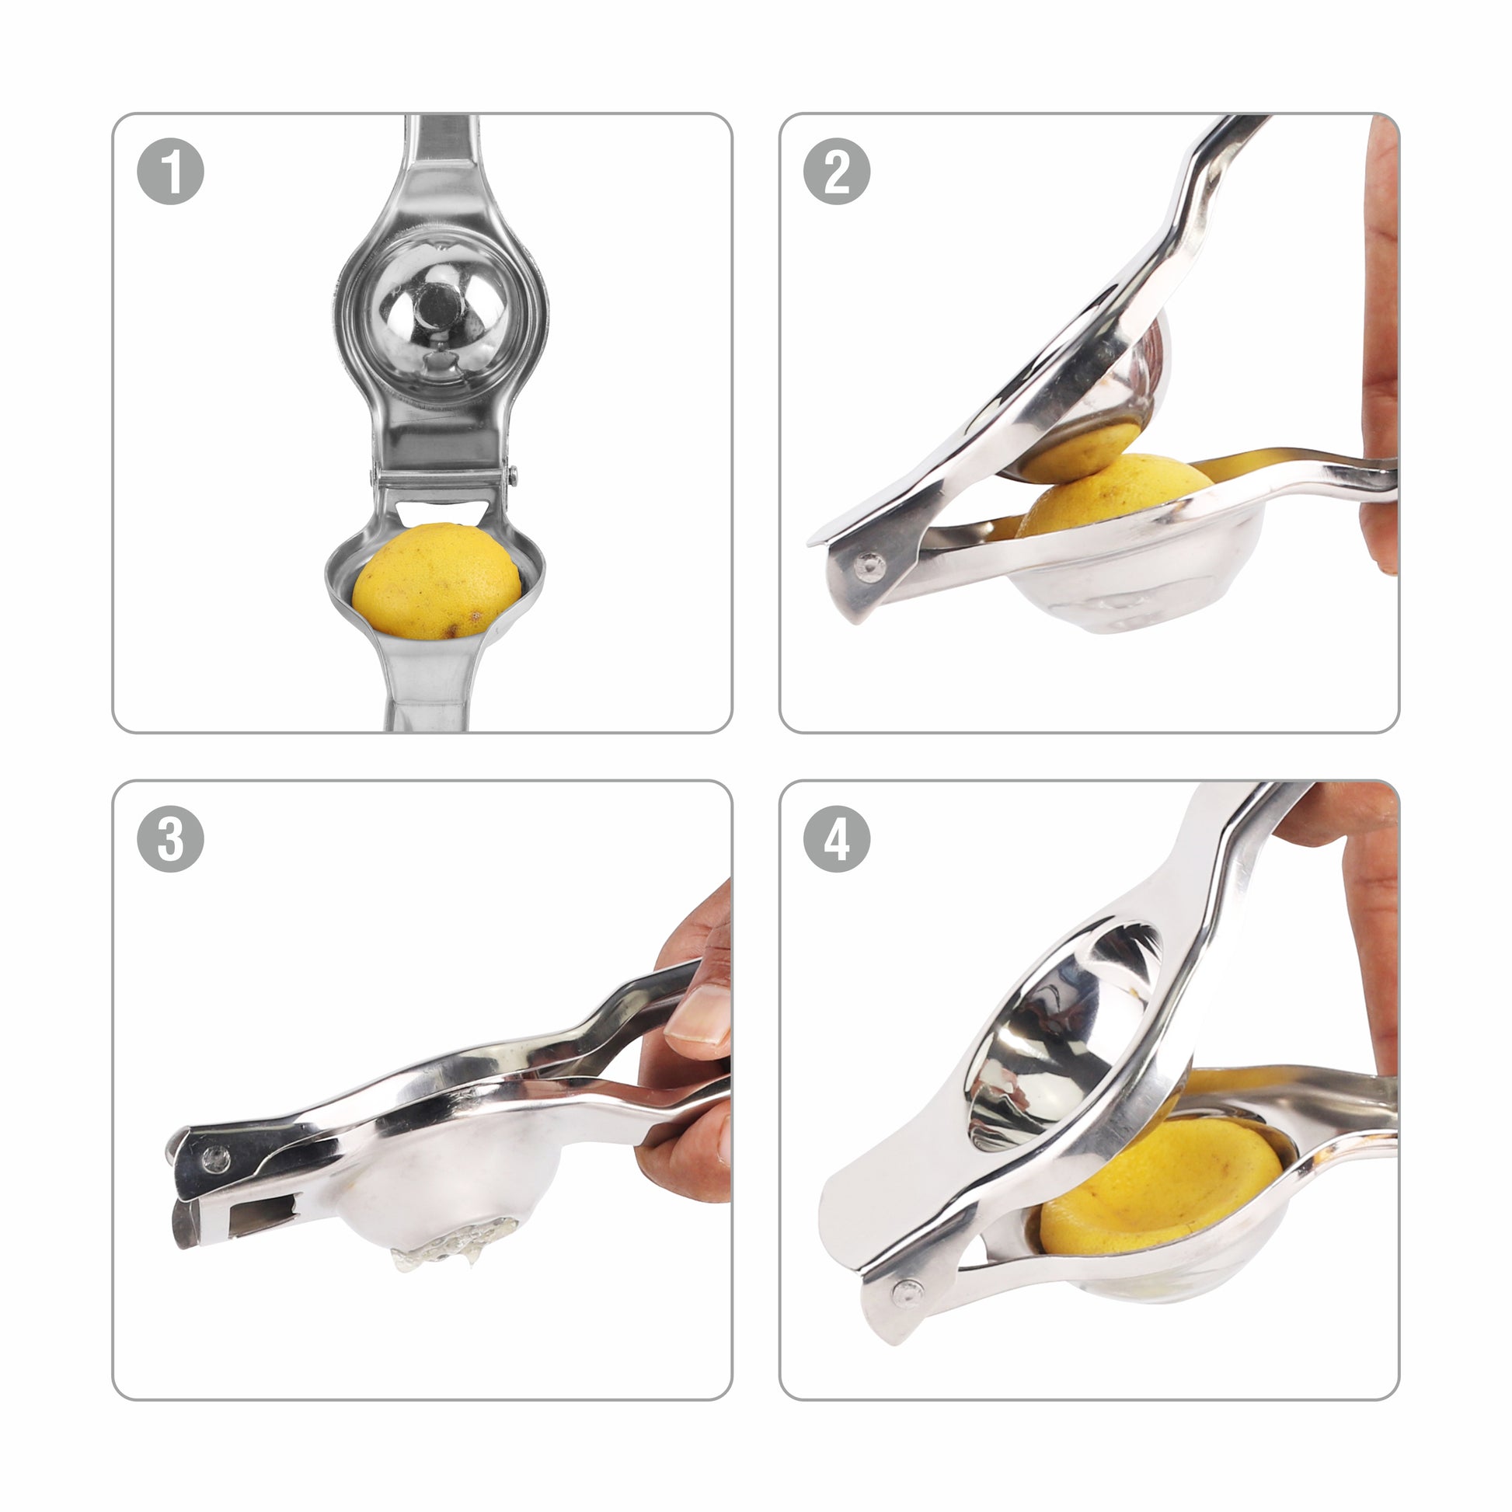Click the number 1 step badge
point(171,172)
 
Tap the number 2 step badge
point(837,172)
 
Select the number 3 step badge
point(171,839)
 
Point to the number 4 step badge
point(837,839)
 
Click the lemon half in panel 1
point(437,581)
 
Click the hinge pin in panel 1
point(513,472)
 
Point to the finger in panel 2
point(1379,344)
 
